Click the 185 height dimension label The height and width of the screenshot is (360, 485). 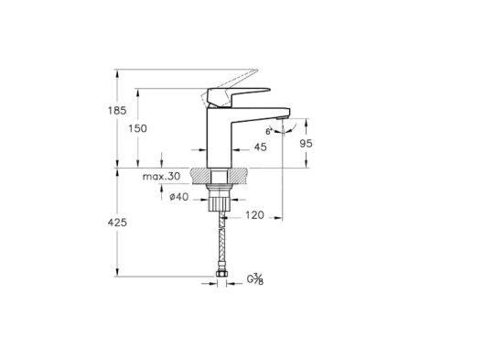coord(117,111)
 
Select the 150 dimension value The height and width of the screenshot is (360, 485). coord(137,128)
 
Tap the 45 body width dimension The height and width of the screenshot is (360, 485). coord(260,147)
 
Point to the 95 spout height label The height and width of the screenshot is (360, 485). coord(307,143)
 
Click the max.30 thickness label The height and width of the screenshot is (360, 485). coord(161,177)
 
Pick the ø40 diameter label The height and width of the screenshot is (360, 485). coord(178,197)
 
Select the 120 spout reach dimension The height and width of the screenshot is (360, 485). coord(254,215)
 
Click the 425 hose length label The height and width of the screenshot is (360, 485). coord(117,223)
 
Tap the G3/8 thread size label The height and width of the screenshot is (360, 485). coord(255,279)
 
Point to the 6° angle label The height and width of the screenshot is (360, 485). coord(268,131)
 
